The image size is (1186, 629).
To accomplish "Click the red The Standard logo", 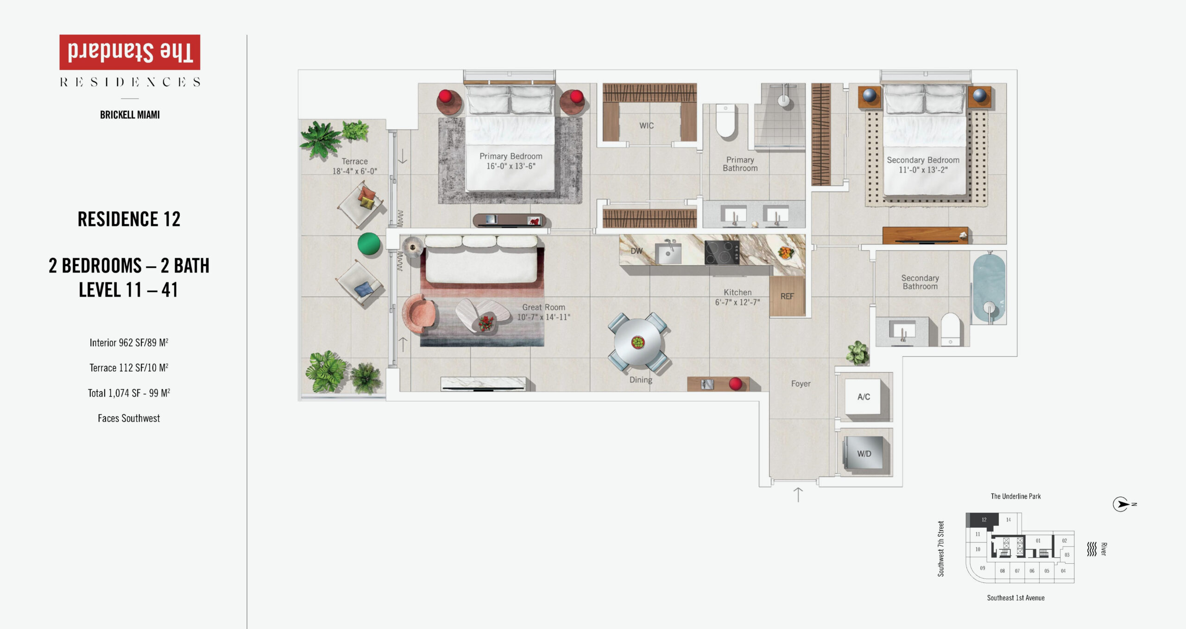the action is click(130, 52).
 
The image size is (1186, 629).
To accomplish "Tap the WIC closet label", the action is click(646, 125).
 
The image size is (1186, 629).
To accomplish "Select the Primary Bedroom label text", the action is click(511, 156).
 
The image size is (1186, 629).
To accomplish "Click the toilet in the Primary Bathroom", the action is click(726, 121).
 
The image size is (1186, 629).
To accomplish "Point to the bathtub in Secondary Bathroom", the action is click(989, 288).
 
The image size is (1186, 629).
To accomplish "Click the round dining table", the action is click(638, 343).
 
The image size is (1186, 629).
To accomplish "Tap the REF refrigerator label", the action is click(787, 296).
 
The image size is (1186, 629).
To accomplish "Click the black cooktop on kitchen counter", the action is click(722, 253).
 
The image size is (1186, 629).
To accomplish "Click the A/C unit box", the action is click(864, 397).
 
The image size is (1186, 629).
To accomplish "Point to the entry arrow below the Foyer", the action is click(798, 494).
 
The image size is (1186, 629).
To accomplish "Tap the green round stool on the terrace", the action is click(369, 244).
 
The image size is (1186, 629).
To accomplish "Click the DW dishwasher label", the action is click(637, 251).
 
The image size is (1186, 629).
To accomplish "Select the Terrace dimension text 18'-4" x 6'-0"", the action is click(354, 171).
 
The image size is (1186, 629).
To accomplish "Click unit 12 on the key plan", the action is click(983, 520).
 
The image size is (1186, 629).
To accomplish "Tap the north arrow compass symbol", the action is click(1121, 504).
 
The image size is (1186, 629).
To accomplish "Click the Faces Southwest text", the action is click(129, 418).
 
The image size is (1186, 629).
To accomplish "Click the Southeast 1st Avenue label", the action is click(1016, 598).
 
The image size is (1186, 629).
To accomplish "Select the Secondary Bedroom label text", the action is click(923, 160).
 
